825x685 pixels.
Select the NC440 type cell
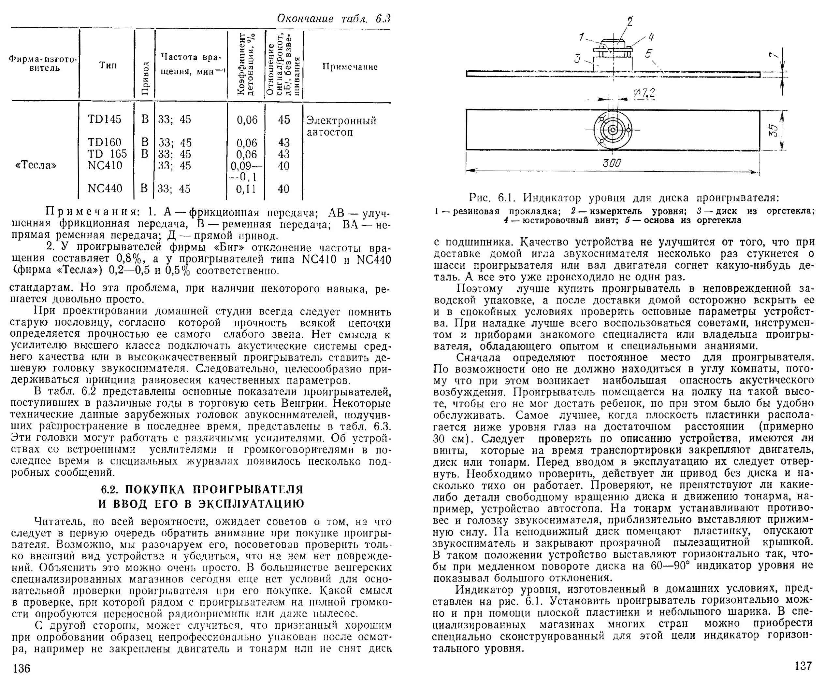coord(105,189)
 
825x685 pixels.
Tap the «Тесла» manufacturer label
coord(36,165)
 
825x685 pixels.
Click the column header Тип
coord(108,65)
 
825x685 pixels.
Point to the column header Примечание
coord(350,67)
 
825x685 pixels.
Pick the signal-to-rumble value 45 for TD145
coord(284,119)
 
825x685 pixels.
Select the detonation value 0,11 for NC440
coord(246,189)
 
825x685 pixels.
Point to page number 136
coord(21,668)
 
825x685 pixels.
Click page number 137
coord(803,666)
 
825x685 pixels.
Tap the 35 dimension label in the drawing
coord(772,130)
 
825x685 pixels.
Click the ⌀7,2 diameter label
coord(644,93)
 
